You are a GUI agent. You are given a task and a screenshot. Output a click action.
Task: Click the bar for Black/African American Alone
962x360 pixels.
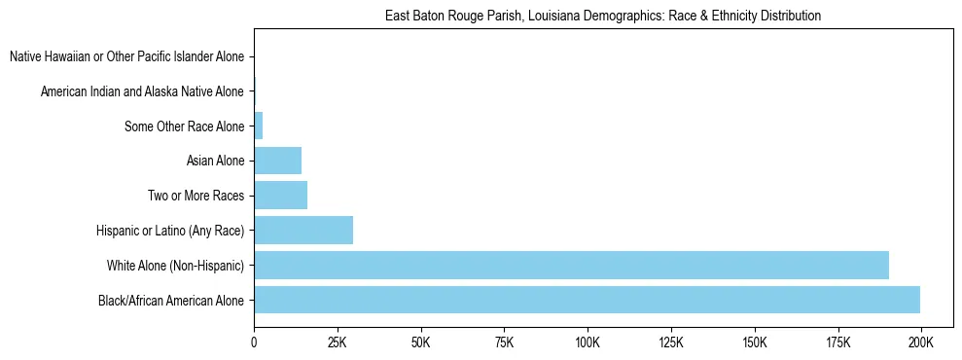587,300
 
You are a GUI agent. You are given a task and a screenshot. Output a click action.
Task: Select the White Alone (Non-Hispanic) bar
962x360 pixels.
571,265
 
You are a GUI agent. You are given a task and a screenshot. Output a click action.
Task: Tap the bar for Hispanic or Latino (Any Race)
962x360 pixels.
303,231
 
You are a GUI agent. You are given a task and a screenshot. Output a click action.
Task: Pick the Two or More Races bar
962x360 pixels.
280,196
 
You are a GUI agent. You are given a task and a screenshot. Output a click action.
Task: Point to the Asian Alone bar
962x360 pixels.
277,161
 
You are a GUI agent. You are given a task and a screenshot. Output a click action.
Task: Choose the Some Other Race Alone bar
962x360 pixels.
259,126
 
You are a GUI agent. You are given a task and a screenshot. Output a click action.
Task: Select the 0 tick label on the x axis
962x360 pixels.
254,343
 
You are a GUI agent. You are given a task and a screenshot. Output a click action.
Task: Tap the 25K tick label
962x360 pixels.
338,343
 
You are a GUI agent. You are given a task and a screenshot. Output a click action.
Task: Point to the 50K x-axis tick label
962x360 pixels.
421,343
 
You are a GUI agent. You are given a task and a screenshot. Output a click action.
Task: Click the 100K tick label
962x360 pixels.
588,343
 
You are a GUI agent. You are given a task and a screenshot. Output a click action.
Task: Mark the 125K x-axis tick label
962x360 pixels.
671,343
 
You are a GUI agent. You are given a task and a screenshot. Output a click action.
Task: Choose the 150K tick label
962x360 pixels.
754,343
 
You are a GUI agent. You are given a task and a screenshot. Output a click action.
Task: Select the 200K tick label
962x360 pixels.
920,343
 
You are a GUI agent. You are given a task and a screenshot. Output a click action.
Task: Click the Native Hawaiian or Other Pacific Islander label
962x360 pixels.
126,57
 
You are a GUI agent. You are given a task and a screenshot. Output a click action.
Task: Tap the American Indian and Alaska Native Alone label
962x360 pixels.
142,91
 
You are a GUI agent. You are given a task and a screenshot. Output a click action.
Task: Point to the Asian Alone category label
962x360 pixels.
215,162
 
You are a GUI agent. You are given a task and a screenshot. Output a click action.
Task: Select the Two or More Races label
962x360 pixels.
196,197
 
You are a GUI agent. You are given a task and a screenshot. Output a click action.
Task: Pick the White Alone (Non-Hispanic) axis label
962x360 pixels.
175,266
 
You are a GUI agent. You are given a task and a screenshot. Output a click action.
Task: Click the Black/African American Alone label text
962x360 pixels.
170,301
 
